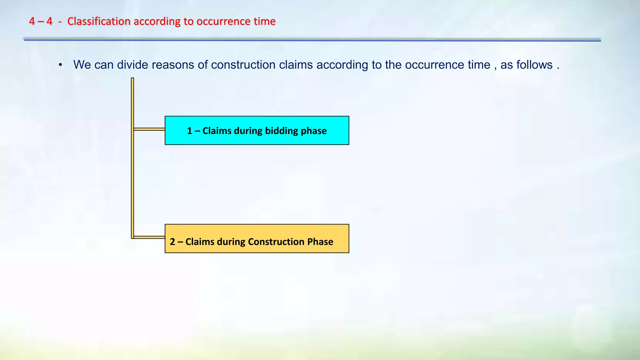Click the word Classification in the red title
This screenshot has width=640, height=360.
99,21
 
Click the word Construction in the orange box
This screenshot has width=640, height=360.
276,242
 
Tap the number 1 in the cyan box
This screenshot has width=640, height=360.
189,131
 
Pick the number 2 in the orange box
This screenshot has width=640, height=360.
172,242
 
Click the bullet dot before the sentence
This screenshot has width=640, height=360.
61,65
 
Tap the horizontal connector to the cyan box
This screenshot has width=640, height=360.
149,129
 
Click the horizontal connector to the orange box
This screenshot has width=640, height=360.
149,237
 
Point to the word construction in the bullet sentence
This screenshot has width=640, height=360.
243,65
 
